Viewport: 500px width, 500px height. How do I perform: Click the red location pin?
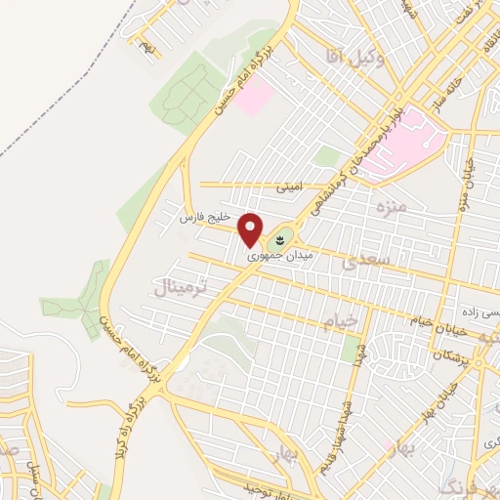tap(252, 229)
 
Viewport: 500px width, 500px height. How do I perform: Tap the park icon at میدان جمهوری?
tap(282, 237)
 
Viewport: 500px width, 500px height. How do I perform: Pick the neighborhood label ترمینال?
tap(181, 286)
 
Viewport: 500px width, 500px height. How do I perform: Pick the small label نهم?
tap(146, 45)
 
